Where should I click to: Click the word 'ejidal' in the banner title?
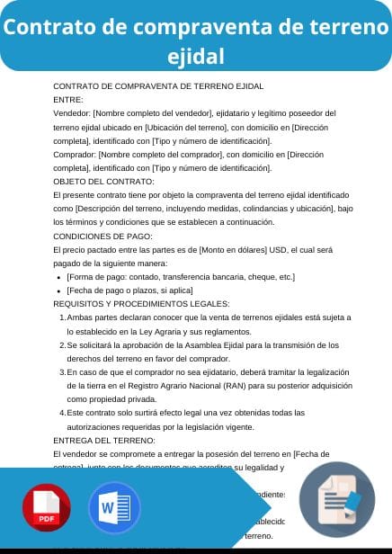tap(196, 57)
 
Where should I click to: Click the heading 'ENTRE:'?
tap(68, 100)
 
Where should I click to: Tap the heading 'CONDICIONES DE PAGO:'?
tap(96, 236)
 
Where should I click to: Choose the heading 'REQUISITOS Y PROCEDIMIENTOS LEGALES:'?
tap(129, 304)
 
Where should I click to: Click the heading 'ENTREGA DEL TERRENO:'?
tap(104, 440)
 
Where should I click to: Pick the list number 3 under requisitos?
tap(61, 372)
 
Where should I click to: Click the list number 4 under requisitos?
tap(61, 413)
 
